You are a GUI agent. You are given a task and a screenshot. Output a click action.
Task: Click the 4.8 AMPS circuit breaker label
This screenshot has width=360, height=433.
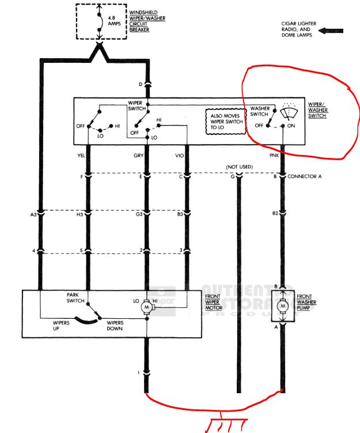(x=115, y=22)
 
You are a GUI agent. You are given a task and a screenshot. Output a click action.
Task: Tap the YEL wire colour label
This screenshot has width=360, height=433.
(x=80, y=155)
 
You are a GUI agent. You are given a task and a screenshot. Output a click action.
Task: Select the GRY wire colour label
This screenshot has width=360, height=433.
(x=139, y=155)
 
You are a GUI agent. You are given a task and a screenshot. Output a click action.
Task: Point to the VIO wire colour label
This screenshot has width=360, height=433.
(x=179, y=155)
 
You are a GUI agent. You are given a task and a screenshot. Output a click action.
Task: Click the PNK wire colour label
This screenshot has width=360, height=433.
(x=274, y=155)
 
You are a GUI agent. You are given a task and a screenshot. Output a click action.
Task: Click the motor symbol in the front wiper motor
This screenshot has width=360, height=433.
(x=147, y=308)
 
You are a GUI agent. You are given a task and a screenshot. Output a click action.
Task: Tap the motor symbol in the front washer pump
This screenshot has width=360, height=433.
(x=283, y=307)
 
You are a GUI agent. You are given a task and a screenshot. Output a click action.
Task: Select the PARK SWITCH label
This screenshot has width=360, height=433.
(x=76, y=296)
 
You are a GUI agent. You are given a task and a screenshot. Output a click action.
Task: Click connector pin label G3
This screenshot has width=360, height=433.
(x=139, y=214)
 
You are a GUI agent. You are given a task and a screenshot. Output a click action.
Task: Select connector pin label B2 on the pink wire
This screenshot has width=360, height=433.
(x=275, y=214)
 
